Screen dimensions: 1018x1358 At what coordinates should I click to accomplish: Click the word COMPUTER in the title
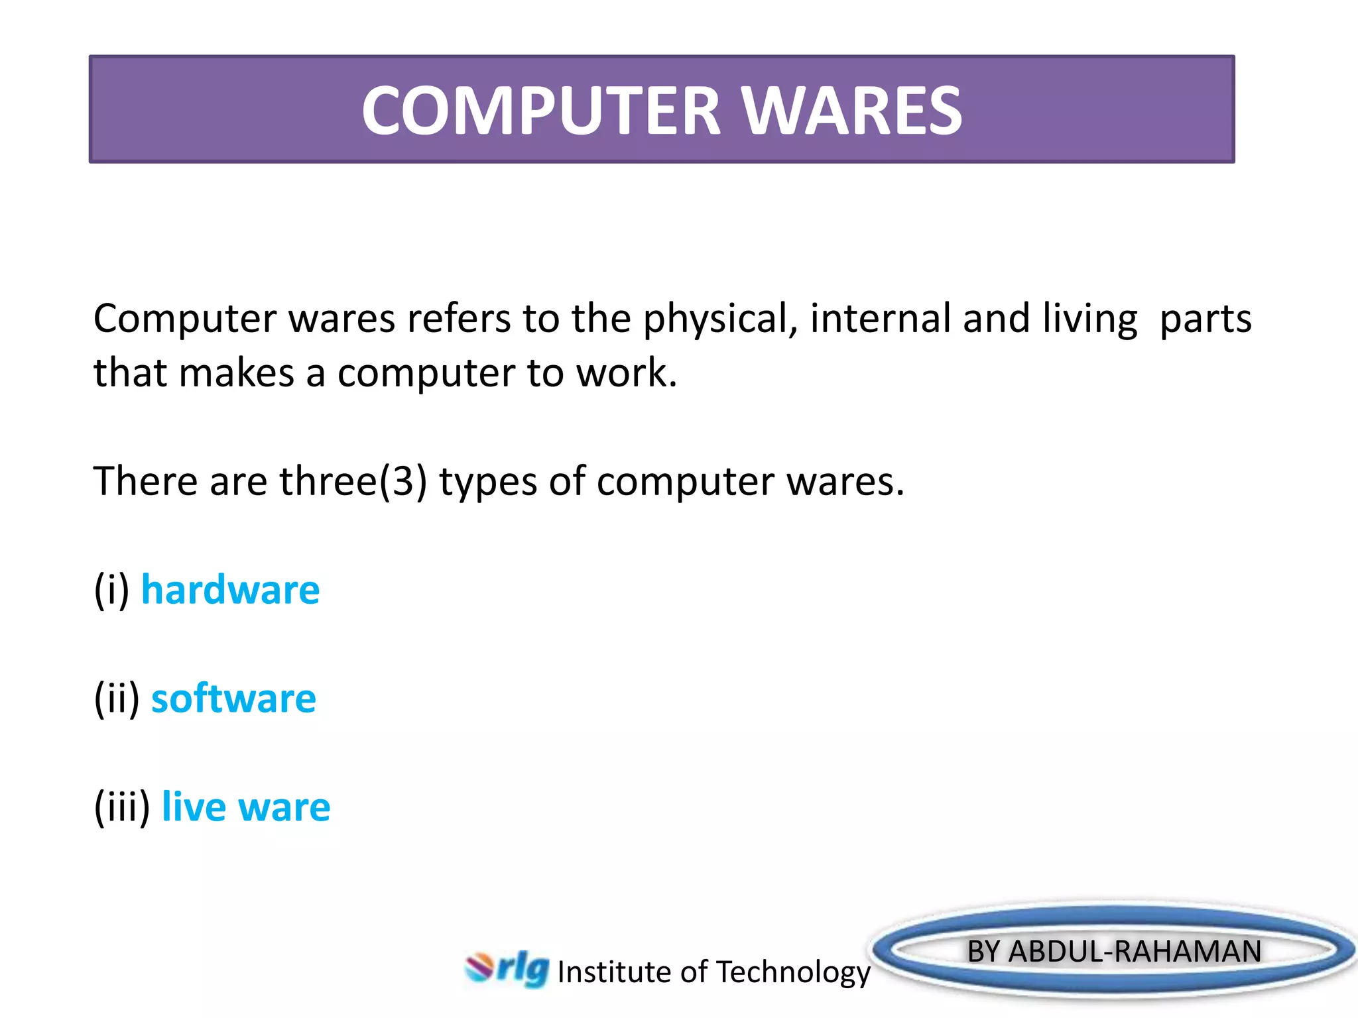tap(540, 111)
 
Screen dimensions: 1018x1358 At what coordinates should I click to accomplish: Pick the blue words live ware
tap(245, 807)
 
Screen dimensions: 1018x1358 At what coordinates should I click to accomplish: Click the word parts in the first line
tap(1205, 319)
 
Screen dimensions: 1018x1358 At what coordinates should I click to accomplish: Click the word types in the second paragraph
tap(487, 481)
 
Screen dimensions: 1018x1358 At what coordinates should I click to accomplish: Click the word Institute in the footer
tap(614, 972)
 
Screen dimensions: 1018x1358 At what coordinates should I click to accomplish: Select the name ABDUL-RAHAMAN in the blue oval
tap(1135, 951)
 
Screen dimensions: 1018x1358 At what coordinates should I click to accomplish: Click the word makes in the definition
tap(236, 372)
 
